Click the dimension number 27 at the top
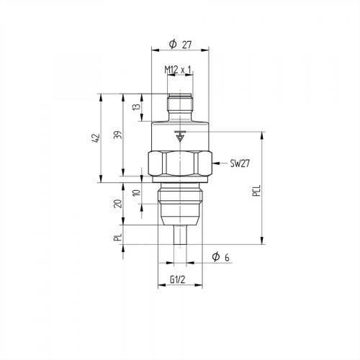click(186, 45)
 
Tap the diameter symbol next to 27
click(173, 45)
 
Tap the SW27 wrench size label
click(240, 164)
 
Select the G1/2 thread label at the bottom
click(179, 279)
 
